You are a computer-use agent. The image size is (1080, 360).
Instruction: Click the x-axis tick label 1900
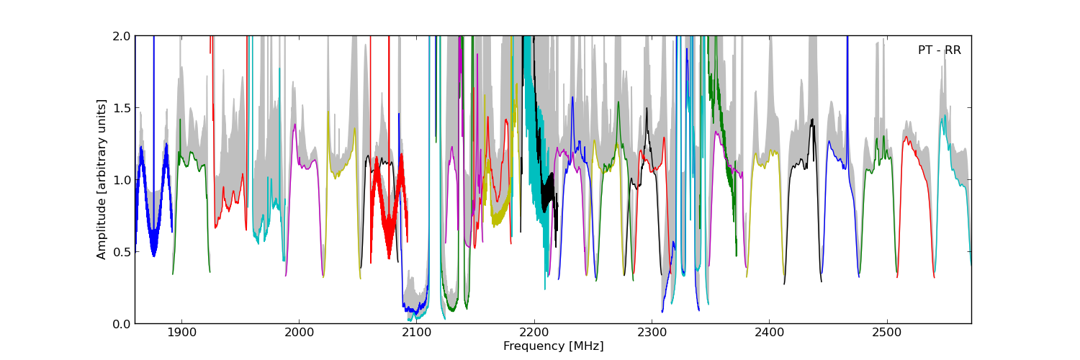click(x=181, y=333)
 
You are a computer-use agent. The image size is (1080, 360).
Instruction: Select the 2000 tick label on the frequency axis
click(x=298, y=333)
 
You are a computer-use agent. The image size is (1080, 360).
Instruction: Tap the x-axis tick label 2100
click(x=416, y=333)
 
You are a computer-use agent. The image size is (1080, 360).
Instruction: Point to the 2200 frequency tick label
click(x=534, y=333)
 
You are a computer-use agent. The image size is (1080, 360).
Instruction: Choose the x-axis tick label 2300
click(x=652, y=333)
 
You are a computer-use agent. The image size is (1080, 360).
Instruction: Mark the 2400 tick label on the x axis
click(x=769, y=333)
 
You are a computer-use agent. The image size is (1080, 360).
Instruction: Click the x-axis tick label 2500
click(x=886, y=333)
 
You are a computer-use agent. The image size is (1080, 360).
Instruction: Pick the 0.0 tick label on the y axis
click(x=122, y=324)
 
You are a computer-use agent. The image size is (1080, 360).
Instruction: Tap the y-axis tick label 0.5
click(x=122, y=252)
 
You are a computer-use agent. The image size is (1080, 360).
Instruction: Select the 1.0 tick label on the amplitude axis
click(x=122, y=180)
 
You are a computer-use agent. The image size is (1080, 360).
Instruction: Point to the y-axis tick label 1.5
click(x=122, y=108)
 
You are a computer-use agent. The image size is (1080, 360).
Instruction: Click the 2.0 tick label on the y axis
click(x=122, y=36)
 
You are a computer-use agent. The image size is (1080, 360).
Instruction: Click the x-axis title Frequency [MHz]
click(x=553, y=346)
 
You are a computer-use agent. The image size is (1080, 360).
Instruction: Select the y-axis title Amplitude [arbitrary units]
click(x=102, y=179)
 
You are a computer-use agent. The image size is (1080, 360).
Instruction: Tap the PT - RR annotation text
click(x=939, y=50)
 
